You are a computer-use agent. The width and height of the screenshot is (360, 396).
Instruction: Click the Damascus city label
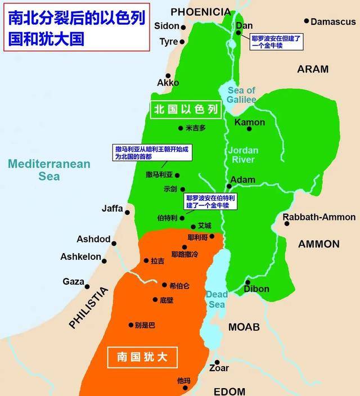334,22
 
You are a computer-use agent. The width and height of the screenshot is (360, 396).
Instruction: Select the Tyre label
168,42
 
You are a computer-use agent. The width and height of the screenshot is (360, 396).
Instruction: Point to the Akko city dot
167,75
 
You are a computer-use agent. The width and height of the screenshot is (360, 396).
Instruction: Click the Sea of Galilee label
241,95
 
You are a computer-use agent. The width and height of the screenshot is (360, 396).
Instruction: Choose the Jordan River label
243,155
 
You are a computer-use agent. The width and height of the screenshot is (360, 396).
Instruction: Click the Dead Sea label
216,300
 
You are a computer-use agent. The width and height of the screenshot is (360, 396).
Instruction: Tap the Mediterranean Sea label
49,170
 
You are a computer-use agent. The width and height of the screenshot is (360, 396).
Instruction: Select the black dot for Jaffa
128,213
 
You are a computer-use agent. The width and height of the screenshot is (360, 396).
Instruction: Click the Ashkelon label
80,257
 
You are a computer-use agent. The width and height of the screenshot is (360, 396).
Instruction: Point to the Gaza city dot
88,286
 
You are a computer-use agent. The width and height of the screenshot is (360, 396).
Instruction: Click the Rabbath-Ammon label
319,217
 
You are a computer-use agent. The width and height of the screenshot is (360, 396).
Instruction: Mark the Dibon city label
256,289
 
